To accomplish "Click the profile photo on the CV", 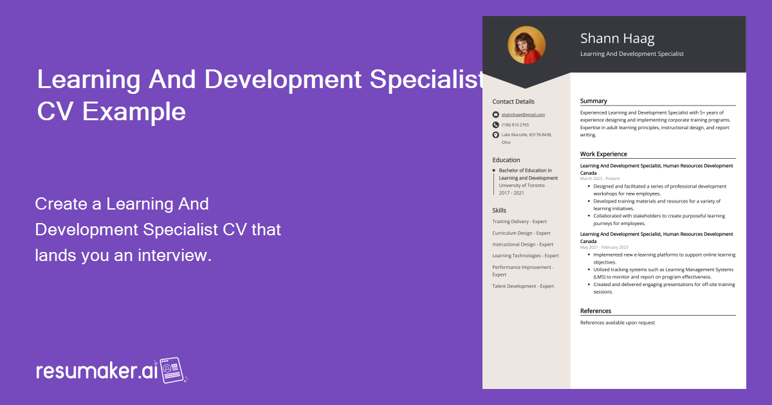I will [x=526, y=45].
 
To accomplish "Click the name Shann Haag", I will [x=617, y=39].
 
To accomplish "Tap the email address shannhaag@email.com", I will [x=523, y=114].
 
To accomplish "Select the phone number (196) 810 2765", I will [x=515, y=125].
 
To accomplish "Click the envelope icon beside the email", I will [x=495, y=114].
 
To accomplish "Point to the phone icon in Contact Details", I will [x=495, y=125].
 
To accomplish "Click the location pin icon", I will [x=495, y=135].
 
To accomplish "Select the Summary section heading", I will [x=593, y=101].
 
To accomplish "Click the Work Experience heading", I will [x=603, y=154].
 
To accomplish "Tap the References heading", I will [x=596, y=311].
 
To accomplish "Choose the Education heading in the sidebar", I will [x=506, y=160].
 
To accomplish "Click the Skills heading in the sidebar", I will [x=499, y=210].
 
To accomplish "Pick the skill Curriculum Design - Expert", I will [x=521, y=233].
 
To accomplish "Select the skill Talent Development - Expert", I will [x=523, y=286].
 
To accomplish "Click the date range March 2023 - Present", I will [x=600, y=179].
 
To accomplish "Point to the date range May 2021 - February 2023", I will [x=604, y=248].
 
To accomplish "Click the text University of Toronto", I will [x=522, y=185].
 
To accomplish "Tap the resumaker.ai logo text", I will [x=96, y=371].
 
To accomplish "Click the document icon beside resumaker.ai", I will [x=173, y=370].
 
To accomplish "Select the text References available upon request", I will [x=617, y=323].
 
